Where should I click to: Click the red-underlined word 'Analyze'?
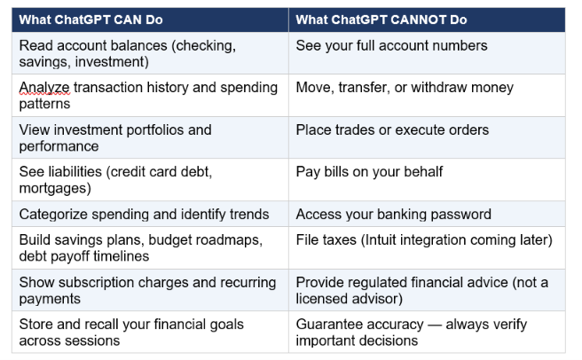(44, 88)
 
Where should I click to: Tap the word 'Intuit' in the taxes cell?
(381, 240)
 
